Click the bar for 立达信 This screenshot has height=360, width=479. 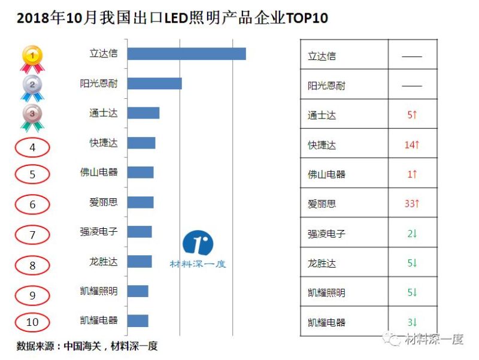tap(186, 54)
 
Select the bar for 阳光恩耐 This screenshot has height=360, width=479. tap(154, 83)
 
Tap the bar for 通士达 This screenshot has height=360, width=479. tap(143, 113)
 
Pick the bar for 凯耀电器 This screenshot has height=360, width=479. tap(138, 320)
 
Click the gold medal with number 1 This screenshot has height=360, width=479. tap(32, 56)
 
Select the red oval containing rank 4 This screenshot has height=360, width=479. tap(32, 147)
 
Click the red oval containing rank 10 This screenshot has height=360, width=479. tap(32, 322)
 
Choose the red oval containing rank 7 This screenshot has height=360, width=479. tap(32, 235)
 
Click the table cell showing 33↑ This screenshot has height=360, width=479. tap(412, 204)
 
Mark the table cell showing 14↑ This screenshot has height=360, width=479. tap(412, 145)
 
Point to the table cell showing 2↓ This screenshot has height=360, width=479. tap(412, 234)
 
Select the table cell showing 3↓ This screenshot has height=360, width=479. tap(412, 322)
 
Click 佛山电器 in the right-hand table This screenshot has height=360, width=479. tap(326, 175)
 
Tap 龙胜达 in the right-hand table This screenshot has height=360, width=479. tap(322, 264)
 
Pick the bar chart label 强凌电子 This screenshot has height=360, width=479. tap(99, 231)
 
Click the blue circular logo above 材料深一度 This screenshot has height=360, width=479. tap(198, 243)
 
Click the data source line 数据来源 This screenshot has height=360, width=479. tap(87, 346)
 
